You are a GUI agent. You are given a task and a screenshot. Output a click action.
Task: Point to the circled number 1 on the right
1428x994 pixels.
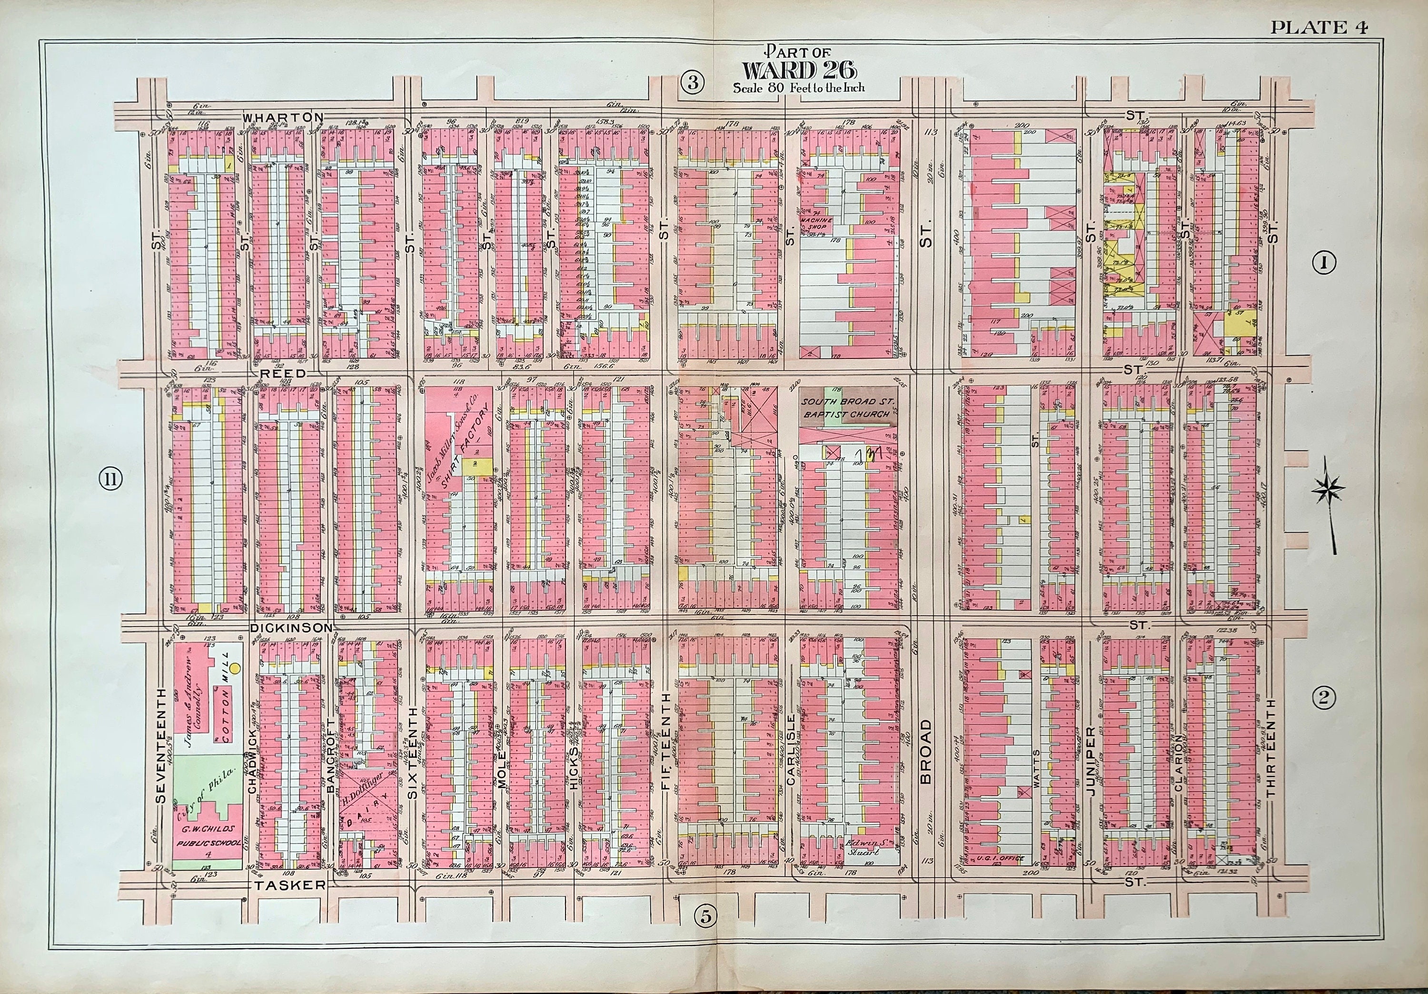point(1324,264)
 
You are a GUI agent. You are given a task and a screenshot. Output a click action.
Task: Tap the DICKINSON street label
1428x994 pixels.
point(292,628)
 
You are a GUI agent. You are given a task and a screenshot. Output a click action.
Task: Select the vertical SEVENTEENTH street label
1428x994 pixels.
point(162,746)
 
